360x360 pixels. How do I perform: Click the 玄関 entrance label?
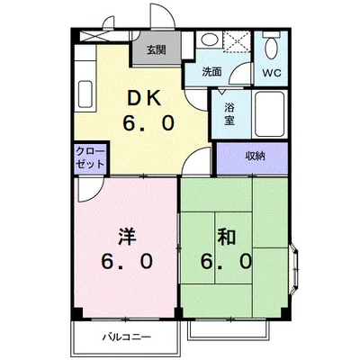156,49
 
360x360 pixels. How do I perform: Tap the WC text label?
272,73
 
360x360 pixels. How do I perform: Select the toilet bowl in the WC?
272,47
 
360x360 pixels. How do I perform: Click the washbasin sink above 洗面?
210,39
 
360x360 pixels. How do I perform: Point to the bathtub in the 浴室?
269,114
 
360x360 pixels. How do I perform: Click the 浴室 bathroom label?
229,114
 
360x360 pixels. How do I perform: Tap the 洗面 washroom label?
211,72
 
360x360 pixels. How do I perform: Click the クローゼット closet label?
90,157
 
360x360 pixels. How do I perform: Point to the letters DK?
145,98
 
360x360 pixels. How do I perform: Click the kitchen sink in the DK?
85,94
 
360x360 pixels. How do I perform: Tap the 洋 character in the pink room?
127,237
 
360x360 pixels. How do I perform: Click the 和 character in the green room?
227,237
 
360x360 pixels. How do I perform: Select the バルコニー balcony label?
126,337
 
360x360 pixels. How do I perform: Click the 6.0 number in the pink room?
127,261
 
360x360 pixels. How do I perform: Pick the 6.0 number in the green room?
226,261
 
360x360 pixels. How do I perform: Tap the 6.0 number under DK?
148,123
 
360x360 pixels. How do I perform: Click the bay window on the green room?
294,269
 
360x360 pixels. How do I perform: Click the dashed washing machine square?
237,41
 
